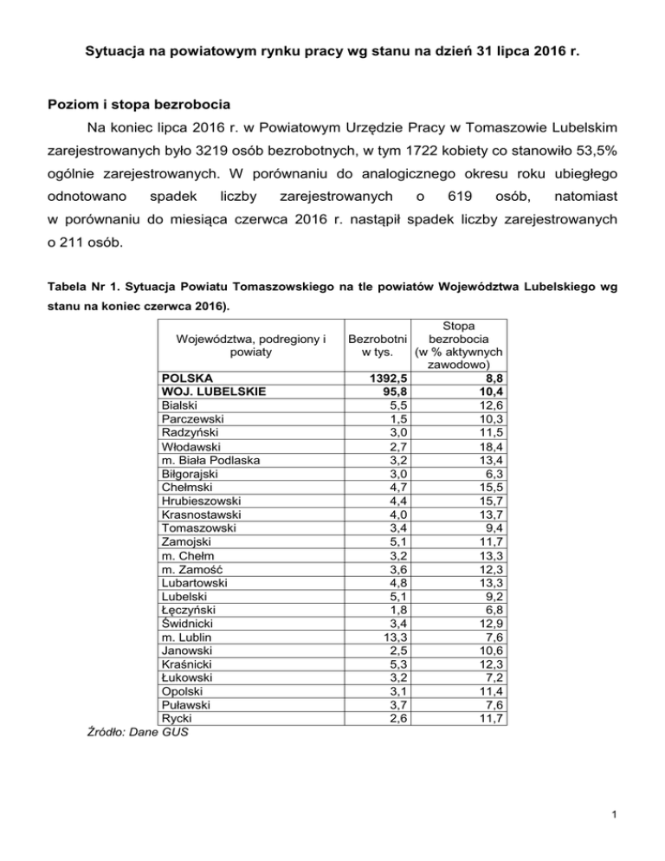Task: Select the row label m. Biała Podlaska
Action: click(210, 458)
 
